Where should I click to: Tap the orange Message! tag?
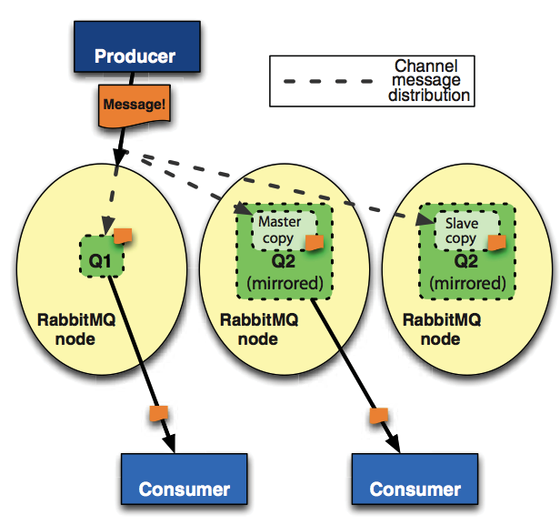pyautogui.click(x=135, y=104)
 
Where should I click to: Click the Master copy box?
pyautogui.click(x=279, y=229)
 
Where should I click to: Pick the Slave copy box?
pyautogui.click(x=461, y=229)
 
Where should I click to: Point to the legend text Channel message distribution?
pyautogui.click(x=426, y=80)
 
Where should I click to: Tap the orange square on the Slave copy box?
pyautogui.click(x=497, y=242)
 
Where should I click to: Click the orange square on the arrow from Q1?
pyautogui.click(x=158, y=411)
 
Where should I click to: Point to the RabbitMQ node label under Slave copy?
pyautogui.click(x=441, y=329)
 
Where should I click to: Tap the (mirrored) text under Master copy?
pyautogui.click(x=285, y=283)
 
